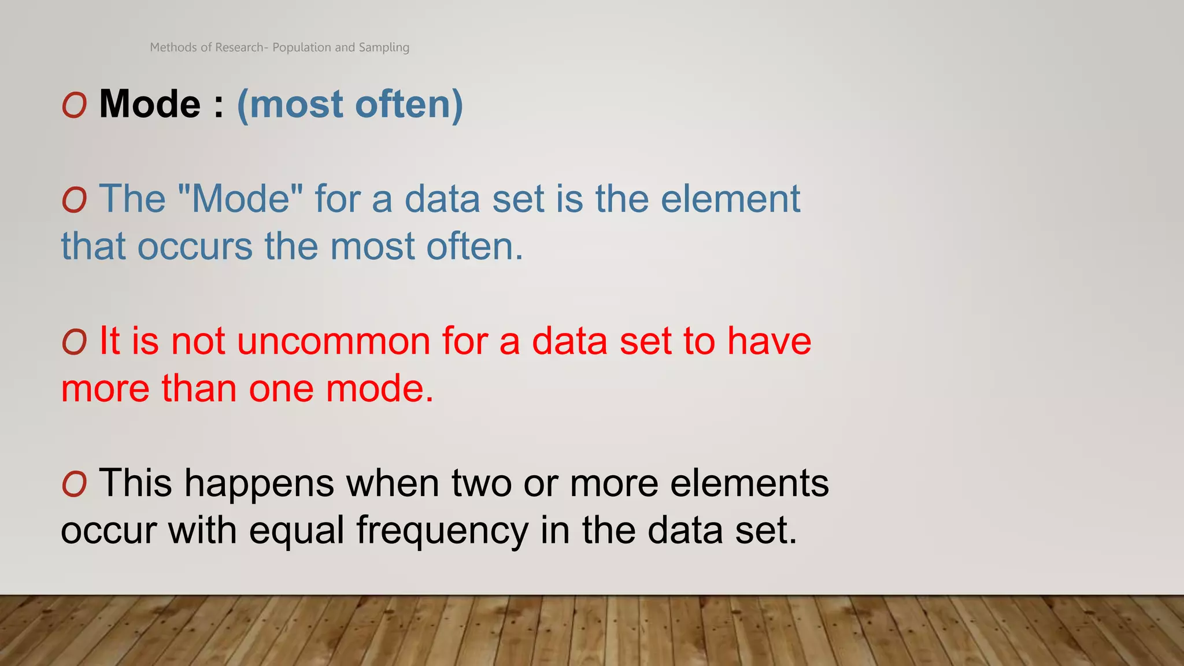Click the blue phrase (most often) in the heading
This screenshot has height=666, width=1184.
click(x=350, y=105)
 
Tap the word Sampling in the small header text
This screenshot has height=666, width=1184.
click(x=384, y=47)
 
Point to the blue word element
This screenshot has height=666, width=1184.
click(x=730, y=199)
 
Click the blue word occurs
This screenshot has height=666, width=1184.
click(x=195, y=246)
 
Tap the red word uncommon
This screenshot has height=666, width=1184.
click(x=334, y=341)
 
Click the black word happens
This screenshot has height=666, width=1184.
click(x=259, y=483)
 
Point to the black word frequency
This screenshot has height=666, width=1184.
click(x=442, y=530)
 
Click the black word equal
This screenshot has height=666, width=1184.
click(x=297, y=530)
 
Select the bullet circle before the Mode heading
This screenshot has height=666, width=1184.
click(x=75, y=106)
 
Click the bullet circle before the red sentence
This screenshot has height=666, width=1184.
click(x=75, y=342)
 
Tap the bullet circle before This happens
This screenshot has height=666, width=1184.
click(x=75, y=484)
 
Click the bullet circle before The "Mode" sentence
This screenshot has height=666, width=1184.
click(x=75, y=201)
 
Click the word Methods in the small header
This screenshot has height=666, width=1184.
click(x=173, y=47)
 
